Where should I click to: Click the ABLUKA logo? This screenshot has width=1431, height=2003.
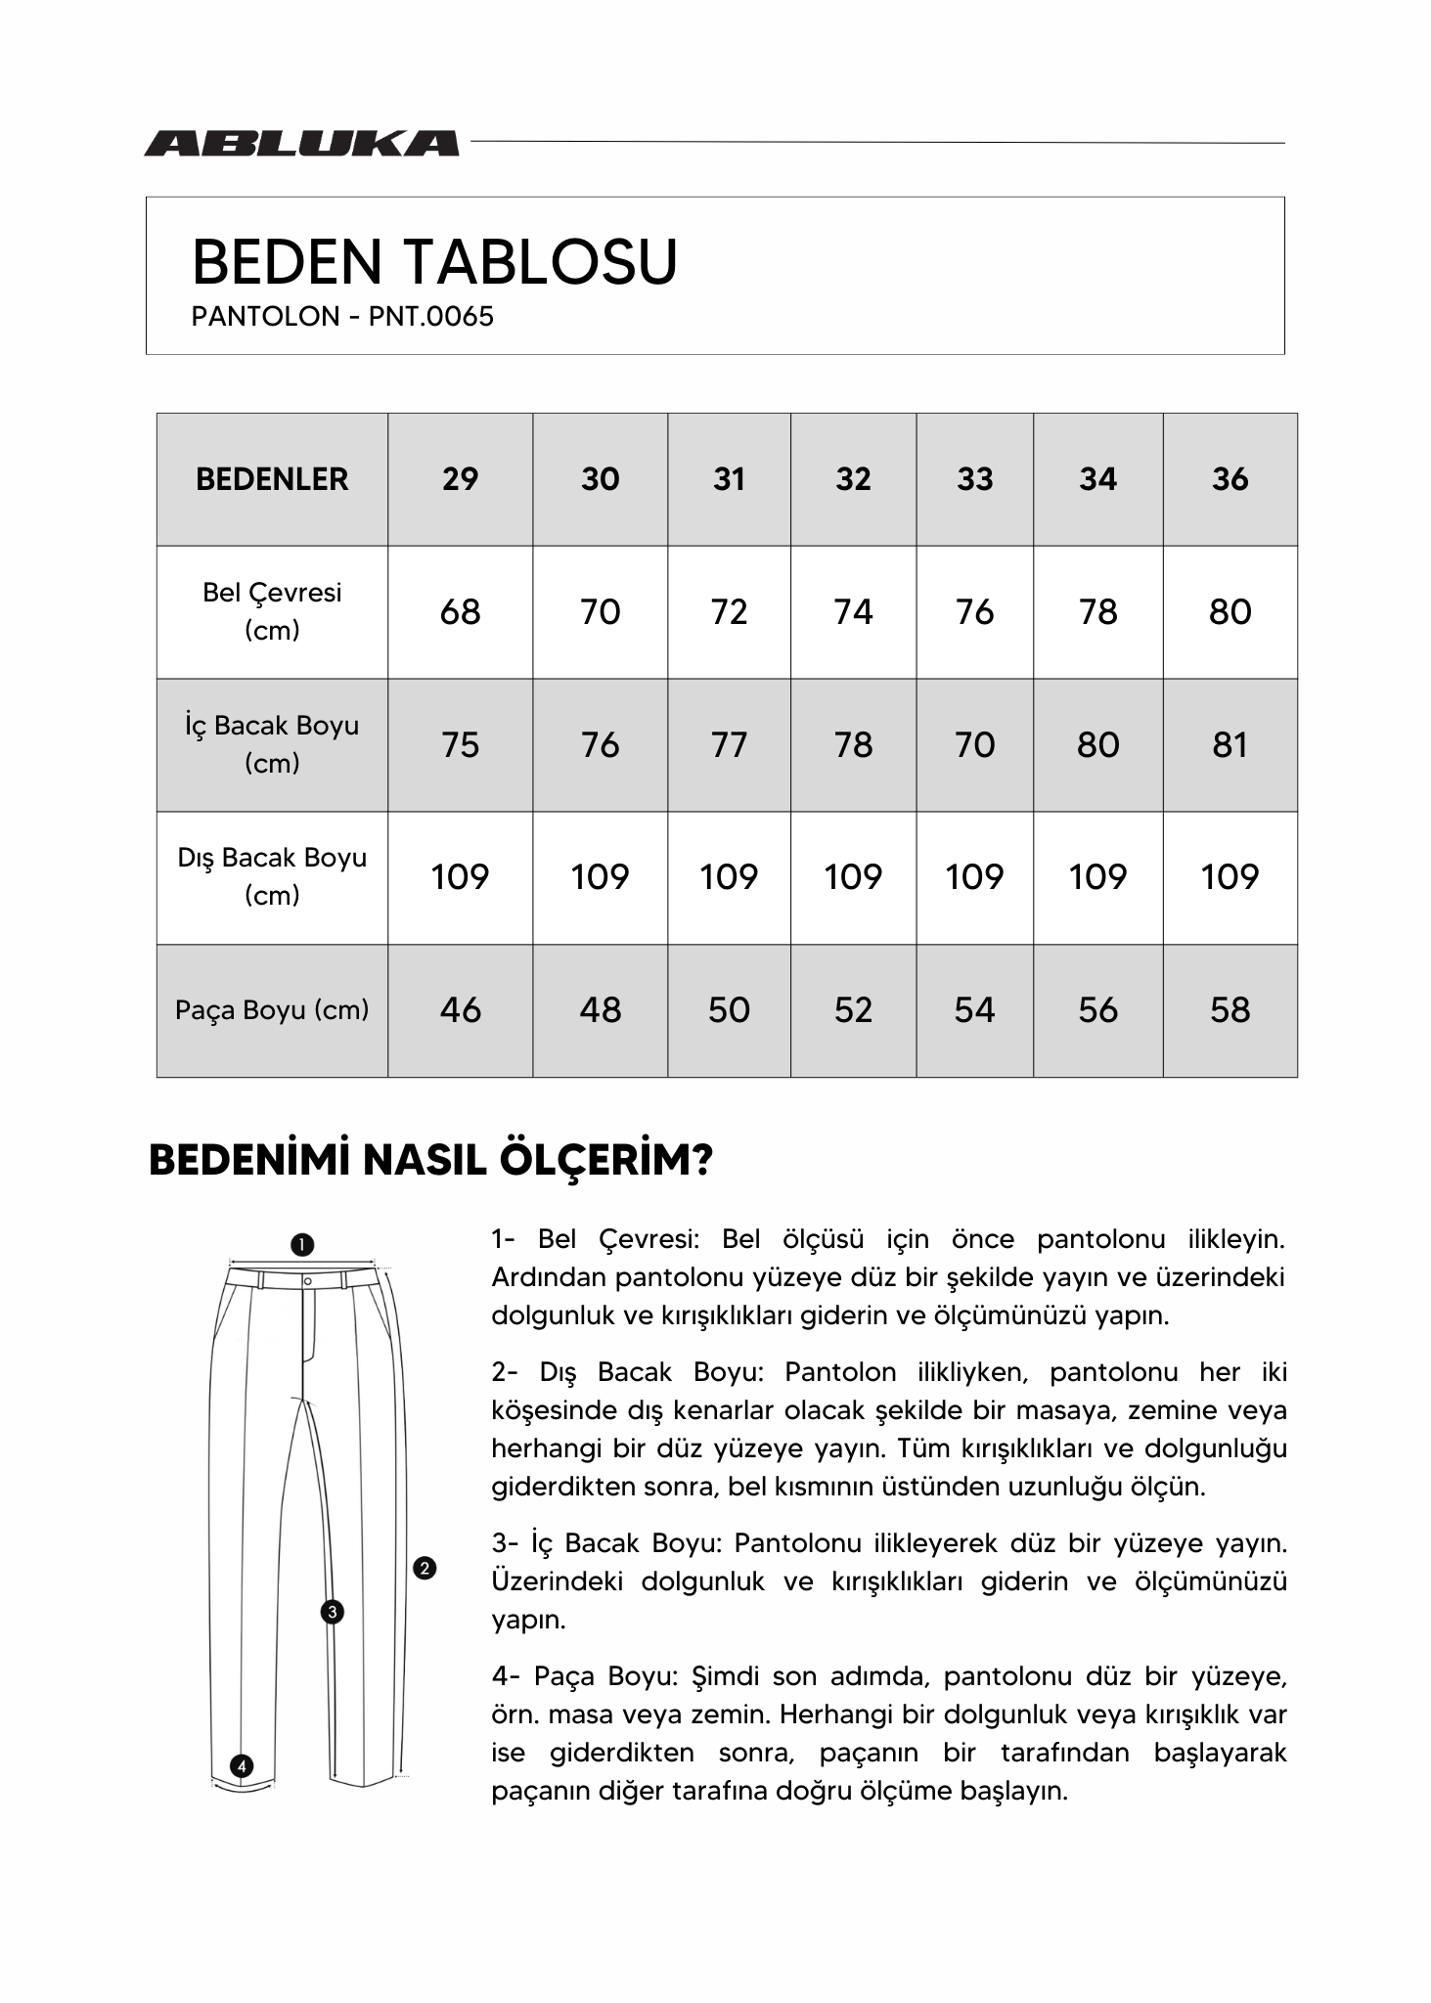301,144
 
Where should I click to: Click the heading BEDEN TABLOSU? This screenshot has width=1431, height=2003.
434,262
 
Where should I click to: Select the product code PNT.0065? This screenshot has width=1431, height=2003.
431,317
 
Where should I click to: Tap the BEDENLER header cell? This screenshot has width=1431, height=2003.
272,479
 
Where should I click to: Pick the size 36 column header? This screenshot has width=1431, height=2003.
1230,479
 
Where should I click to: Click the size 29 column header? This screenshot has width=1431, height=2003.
460,479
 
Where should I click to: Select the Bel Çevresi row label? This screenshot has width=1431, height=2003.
272,611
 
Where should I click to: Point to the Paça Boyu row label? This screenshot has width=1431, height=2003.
272,1010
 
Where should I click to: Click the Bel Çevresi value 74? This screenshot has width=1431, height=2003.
853,612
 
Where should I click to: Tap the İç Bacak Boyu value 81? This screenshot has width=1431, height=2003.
1230,745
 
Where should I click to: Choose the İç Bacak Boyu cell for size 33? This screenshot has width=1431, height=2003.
974,745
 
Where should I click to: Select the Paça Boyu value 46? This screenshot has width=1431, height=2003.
460,1010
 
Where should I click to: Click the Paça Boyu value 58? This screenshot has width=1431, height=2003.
1230,1010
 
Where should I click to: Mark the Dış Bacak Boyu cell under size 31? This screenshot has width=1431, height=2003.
729,877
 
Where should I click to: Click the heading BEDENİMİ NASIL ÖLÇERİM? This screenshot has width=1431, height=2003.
431,1161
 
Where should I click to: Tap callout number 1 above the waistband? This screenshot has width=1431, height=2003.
302,1245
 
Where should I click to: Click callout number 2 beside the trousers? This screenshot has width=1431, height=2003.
425,1569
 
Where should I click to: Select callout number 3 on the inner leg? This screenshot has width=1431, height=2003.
333,1612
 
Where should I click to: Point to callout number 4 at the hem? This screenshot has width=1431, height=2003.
241,1766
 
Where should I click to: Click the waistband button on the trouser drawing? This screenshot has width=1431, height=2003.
307,1280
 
